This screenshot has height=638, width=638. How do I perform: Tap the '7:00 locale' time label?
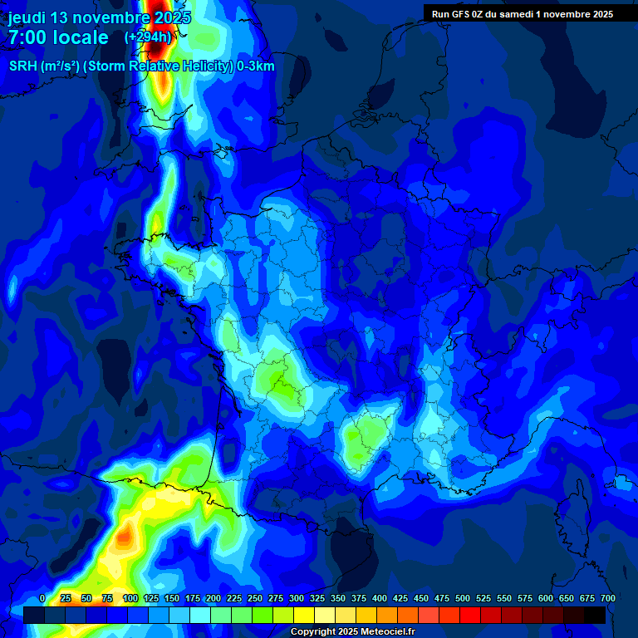(x=58, y=37)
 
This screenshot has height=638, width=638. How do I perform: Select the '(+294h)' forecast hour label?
(x=148, y=37)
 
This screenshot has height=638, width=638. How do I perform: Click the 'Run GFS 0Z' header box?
(x=523, y=14)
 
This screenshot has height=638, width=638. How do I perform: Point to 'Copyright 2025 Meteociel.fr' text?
(x=352, y=632)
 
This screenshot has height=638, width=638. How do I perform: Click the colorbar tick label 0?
(x=42, y=598)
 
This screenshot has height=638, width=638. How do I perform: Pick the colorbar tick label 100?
(x=130, y=598)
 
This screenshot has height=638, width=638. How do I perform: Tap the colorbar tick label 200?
(x=213, y=598)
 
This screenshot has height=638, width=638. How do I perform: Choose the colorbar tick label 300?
(x=297, y=598)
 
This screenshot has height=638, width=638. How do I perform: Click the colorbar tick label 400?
(x=380, y=598)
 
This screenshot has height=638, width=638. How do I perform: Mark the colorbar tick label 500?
(x=463, y=598)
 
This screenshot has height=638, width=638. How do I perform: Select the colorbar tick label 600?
(x=546, y=598)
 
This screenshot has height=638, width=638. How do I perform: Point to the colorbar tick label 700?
(x=608, y=598)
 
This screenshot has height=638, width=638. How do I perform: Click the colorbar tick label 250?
(x=255, y=598)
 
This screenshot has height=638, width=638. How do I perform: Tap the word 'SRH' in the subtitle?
(x=23, y=66)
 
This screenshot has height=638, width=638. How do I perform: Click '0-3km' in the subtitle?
(x=256, y=66)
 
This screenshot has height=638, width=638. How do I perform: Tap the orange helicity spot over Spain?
(x=125, y=536)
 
